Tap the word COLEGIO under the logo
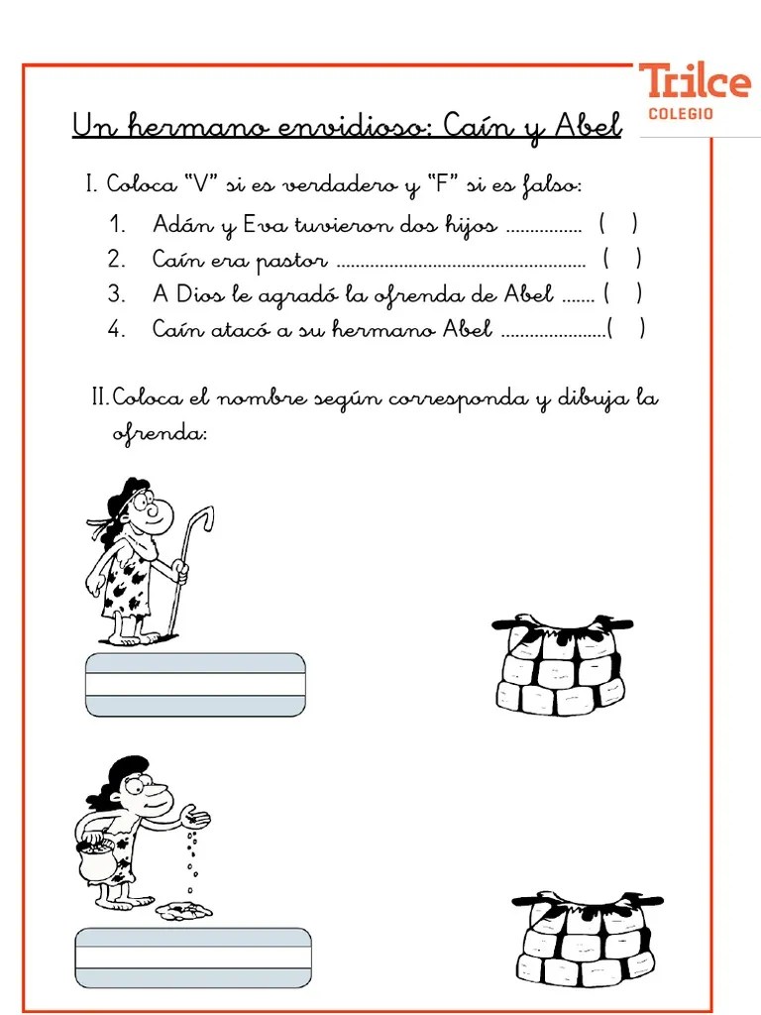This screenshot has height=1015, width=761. (x=680, y=114)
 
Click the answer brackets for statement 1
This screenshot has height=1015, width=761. (x=617, y=225)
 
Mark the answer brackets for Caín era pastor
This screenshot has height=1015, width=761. (x=621, y=260)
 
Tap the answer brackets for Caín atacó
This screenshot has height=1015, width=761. (x=626, y=329)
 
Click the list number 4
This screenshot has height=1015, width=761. (x=117, y=330)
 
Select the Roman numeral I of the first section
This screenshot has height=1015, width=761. (x=90, y=185)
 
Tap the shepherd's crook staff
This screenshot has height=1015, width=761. (x=188, y=565)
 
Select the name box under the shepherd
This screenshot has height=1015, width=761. (x=195, y=684)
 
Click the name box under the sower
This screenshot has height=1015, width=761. (x=193, y=958)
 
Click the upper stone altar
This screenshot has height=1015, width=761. (x=560, y=663)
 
